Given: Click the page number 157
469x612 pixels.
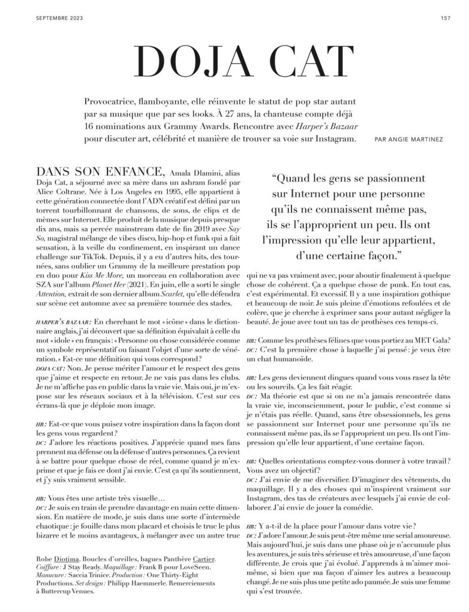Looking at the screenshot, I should (x=445, y=17).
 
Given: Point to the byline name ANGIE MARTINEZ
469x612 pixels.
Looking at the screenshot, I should (x=419, y=140).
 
